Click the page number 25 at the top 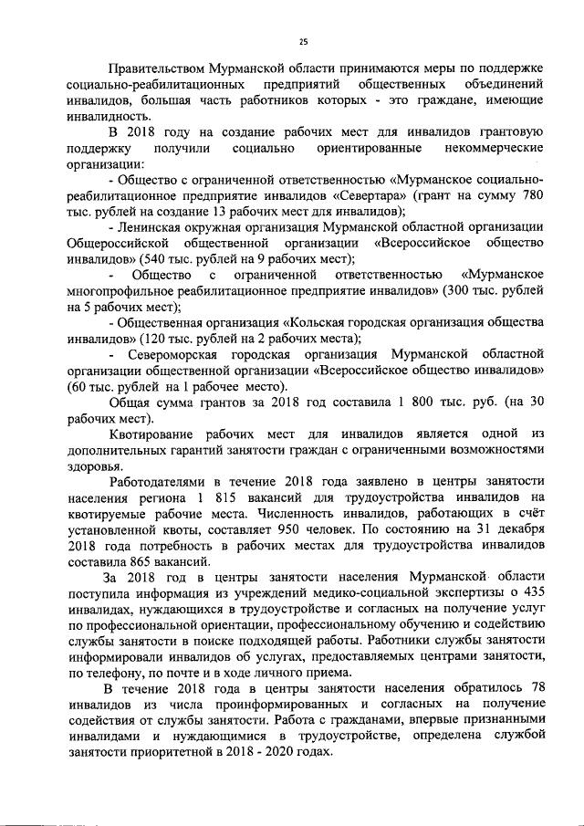pos(304,39)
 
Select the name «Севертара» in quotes pos(370,195)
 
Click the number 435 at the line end pos(530,592)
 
